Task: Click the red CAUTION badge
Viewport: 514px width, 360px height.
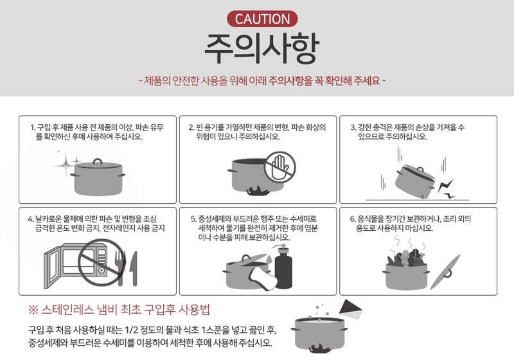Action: (262, 19)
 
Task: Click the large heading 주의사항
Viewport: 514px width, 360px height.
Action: (261, 48)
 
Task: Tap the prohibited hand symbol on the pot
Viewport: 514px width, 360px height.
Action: (279, 167)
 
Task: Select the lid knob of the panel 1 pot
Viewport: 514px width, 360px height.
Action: (98, 161)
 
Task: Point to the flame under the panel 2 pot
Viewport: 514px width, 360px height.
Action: (256, 191)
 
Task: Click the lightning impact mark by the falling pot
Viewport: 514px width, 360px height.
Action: (446, 190)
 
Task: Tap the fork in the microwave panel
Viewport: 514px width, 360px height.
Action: (120, 268)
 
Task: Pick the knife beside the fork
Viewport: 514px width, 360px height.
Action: (134, 269)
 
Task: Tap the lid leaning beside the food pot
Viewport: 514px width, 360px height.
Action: (445, 272)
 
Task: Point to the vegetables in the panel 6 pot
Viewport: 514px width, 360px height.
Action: (406, 257)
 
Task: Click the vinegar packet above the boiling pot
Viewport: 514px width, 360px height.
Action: (350, 309)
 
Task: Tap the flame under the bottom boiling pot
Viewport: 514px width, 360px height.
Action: (320, 348)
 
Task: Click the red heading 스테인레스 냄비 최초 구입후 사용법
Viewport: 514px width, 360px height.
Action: (120, 309)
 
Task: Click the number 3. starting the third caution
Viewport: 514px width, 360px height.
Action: (353, 127)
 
